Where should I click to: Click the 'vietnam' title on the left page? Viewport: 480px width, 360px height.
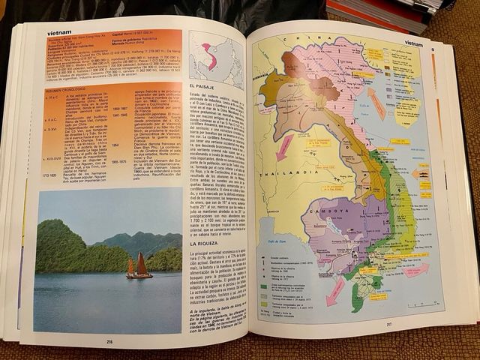(59, 33)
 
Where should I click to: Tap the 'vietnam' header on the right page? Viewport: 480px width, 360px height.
(413, 43)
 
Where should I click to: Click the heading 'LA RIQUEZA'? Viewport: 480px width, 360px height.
(203, 243)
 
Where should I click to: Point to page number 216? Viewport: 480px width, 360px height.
(109, 341)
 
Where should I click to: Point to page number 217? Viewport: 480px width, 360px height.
(388, 325)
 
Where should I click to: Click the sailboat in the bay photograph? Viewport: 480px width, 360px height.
(138, 266)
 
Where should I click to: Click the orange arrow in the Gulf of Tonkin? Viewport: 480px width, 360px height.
(376, 103)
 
